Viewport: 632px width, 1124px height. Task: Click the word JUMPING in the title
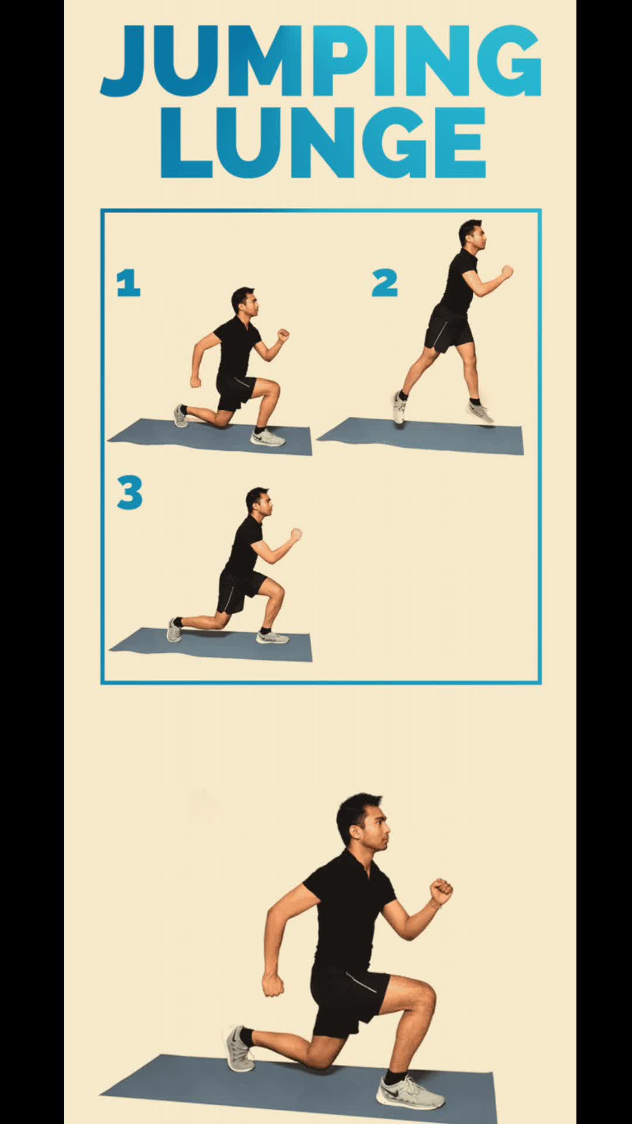pyautogui.click(x=321, y=61)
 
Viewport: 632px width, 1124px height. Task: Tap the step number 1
pyautogui.click(x=129, y=283)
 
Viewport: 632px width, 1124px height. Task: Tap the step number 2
pyautogui.click(x=384, y=283)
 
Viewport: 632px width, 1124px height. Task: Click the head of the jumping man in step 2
pyautogui.click(x=471, y=234)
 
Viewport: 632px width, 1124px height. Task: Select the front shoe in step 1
pyautogui.click(x=267, y=438)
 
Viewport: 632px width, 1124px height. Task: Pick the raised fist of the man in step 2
pyautogui.click(x=507, y=271)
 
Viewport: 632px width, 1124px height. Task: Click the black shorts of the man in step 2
pyautogui.click(x=448, y=330)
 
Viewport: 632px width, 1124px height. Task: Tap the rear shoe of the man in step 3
pyautogui.click(x=174, y=630)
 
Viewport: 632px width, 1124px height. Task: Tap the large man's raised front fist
pyautogui.click(x=441, y=892)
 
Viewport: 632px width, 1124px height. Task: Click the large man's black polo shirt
pyautogui.click(x=348, y=913)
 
